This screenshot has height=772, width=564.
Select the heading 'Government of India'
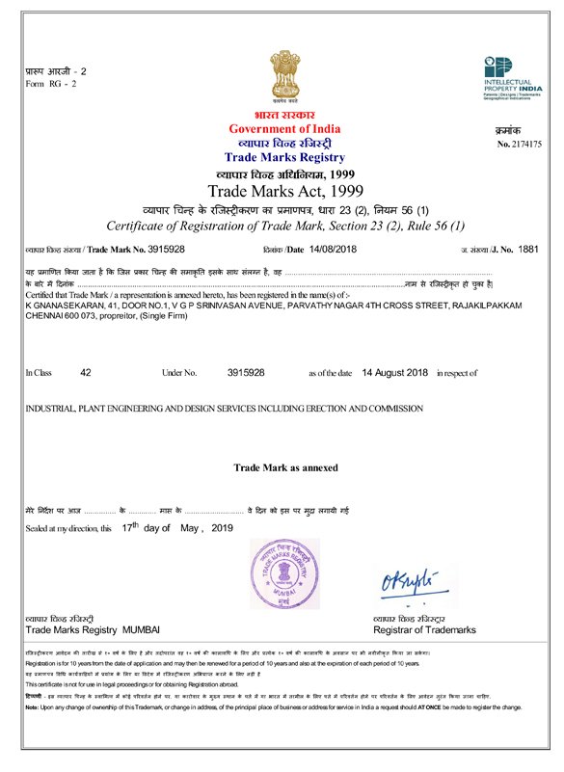coord(284,129)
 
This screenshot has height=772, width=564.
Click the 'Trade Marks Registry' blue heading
coord(284,156)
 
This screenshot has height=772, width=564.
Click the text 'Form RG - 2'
coord(55,84)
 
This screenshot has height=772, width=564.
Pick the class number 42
coord(86,372)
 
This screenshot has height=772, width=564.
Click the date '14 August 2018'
coord(393,372)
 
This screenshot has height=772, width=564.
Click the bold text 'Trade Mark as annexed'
coord(285,467)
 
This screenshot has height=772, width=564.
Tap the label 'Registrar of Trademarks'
coord(424,629)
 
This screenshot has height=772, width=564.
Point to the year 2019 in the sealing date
coord(223,529)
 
